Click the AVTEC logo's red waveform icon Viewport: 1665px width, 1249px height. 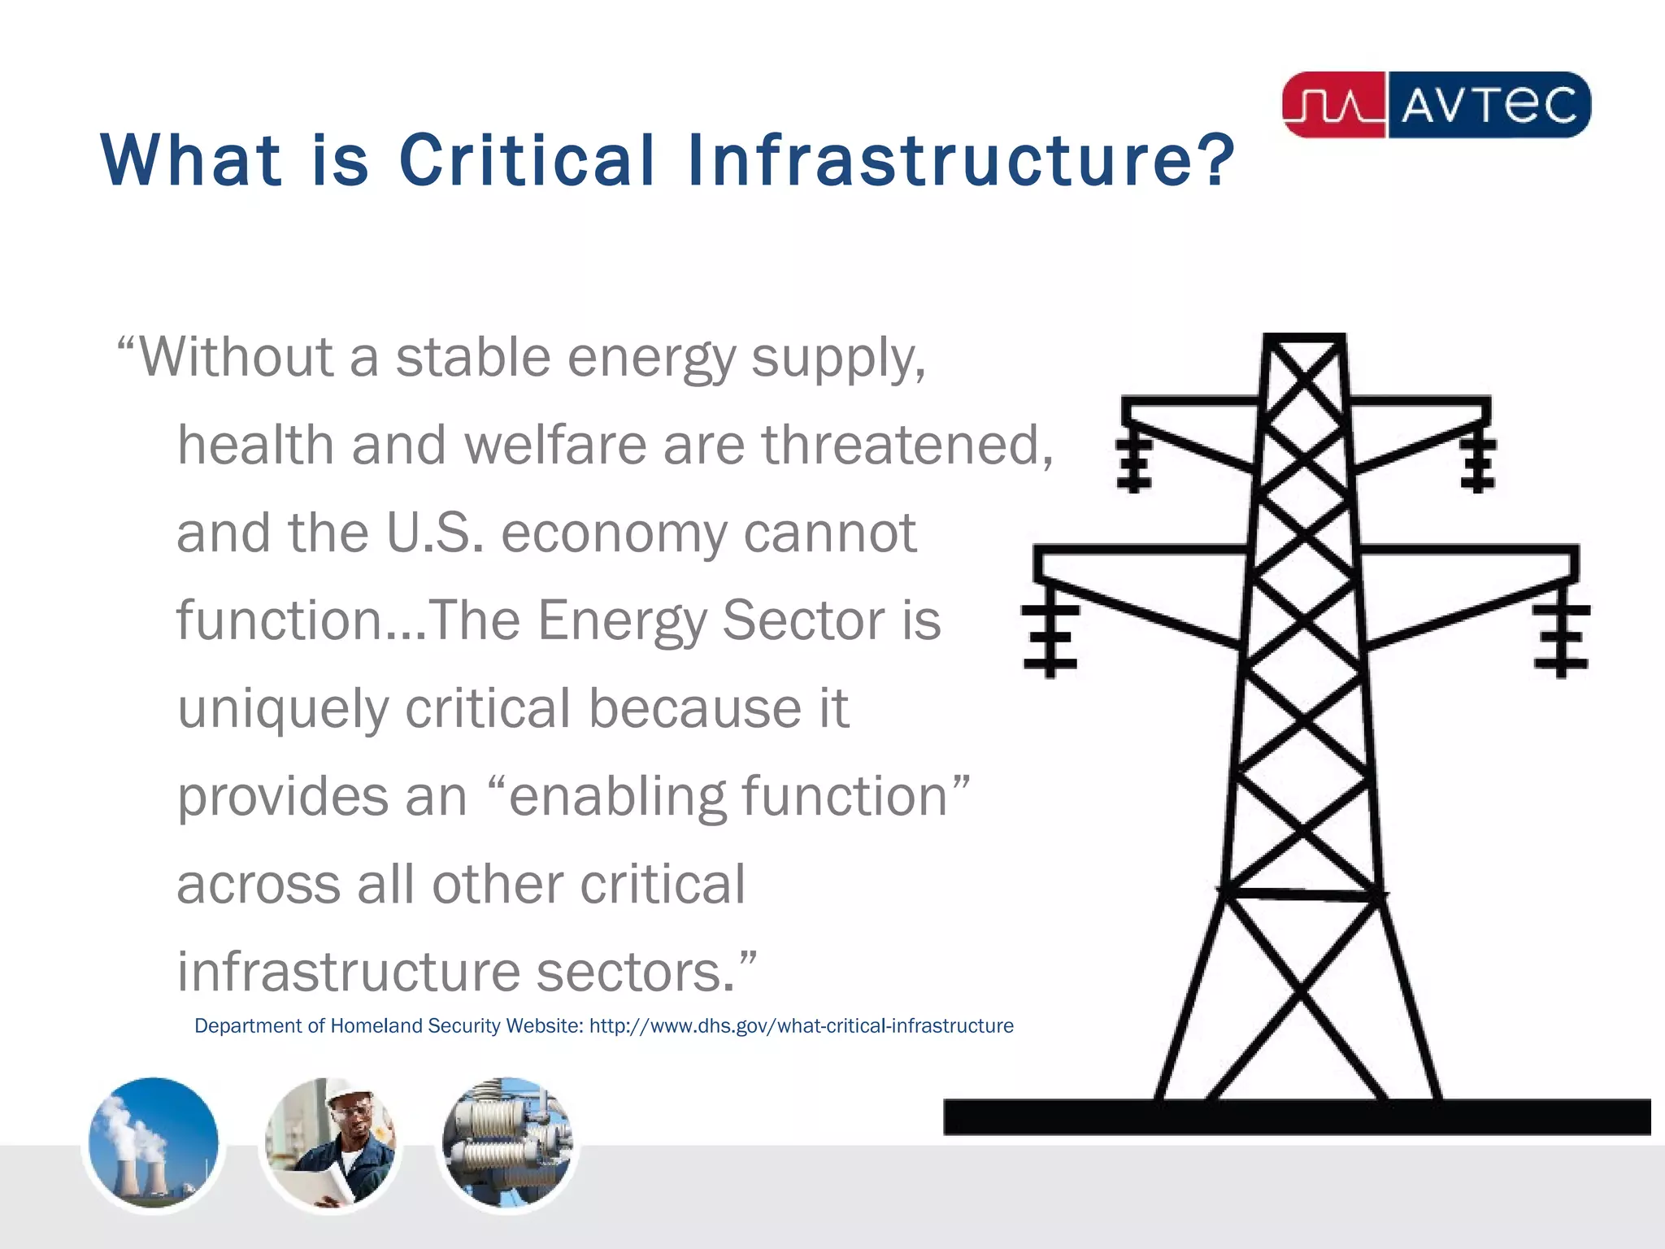1333,105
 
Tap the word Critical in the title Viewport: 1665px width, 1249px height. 527,159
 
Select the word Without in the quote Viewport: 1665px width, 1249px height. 237,357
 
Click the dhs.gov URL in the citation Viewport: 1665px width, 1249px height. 801,1026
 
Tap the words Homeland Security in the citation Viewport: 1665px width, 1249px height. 415,1026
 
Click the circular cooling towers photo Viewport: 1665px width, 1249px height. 154,1143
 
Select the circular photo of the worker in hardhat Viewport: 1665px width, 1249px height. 330,1143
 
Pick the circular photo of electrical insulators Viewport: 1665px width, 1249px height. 507,1143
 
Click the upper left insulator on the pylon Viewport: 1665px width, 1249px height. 1133,463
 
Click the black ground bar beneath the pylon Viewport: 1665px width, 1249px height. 1296,1116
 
